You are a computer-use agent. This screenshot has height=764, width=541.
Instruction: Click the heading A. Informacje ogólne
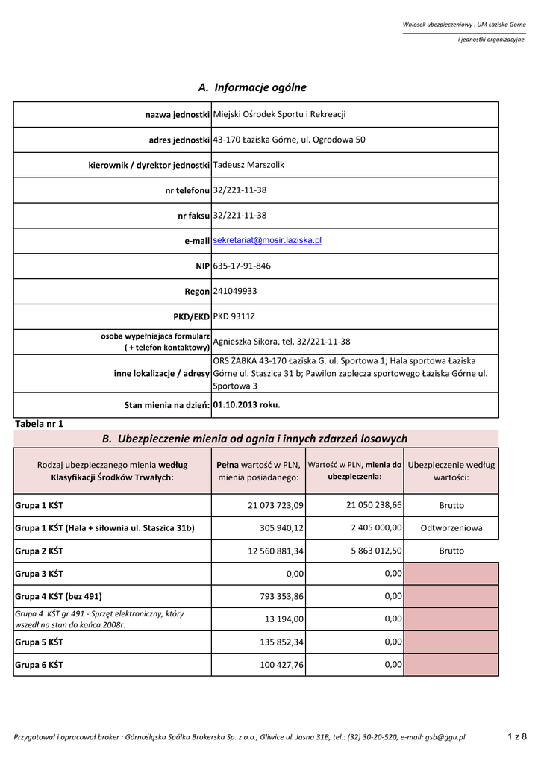[x=252, y=87]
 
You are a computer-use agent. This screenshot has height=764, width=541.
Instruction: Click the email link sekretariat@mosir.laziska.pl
[x=267, y=240]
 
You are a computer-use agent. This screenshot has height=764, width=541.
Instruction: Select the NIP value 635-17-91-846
[x=242, y=266]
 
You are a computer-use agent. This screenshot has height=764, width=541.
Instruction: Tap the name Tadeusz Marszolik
[x=248, y=164]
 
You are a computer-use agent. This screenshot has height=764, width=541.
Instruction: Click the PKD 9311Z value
[x=234, y=316]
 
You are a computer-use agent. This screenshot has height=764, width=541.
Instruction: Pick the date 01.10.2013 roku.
[x=246, y=405]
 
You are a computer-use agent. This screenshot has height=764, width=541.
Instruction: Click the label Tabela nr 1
[x=40, y=423]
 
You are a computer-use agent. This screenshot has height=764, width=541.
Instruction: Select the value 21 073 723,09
[x=275, y=505]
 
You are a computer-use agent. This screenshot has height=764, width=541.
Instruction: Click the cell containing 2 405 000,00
[x=376, y=527]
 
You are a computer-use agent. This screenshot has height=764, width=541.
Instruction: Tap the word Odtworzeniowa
[x=451, y=527]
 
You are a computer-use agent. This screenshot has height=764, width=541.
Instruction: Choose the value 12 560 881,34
[x=275, y=551]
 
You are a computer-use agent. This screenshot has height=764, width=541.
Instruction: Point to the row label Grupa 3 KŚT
[x=40, y=574]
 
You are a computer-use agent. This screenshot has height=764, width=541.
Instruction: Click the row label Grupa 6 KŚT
[x=40, y=664]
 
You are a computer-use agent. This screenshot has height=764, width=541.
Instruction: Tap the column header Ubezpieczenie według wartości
[x=451, y=470]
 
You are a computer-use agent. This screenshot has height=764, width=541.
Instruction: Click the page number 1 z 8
[x=517, y=737]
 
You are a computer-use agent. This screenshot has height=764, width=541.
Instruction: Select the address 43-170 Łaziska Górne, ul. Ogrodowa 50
[x=289, y=140]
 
